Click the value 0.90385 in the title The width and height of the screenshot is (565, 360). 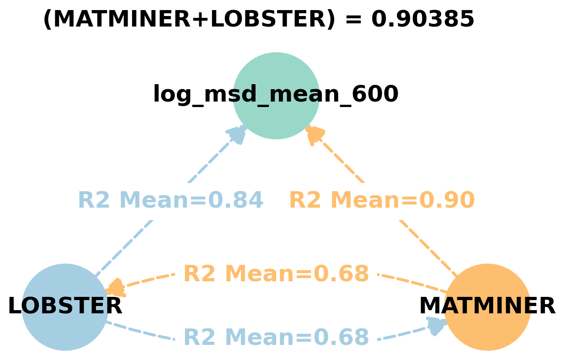point(422,20)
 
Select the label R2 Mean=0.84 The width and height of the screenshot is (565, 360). point(171,201)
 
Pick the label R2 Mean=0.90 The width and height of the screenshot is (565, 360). point(382,201)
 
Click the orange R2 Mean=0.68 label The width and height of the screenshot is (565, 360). point(276,274)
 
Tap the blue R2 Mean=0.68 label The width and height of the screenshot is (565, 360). point(276,338)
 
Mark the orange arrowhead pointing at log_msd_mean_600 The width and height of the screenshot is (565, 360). point(314,135)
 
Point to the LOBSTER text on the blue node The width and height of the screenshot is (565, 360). point(65,306)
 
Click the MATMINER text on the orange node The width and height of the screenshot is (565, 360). point(487,306)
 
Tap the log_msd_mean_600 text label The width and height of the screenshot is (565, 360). point(276,95)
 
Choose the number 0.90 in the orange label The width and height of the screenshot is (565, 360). point(447,201)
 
